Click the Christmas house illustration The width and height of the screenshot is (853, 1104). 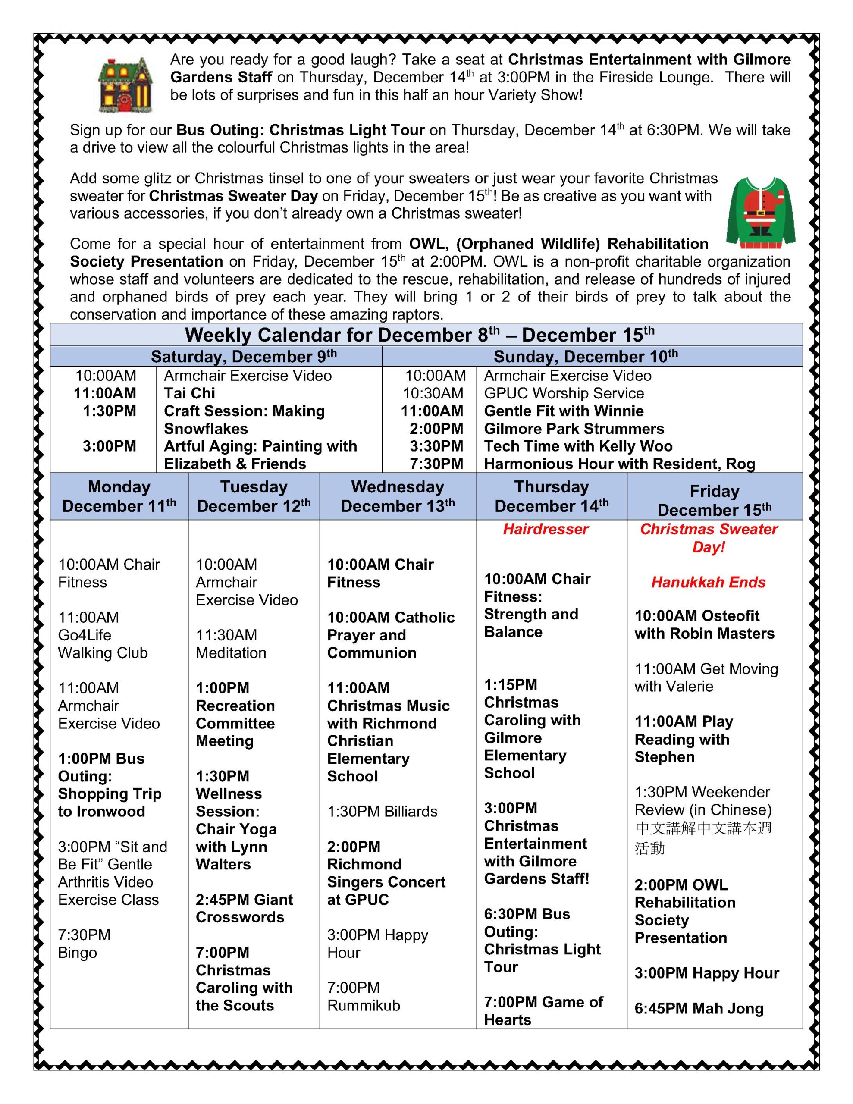click(x=125, y=85)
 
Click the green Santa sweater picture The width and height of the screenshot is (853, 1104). click(x=760, y=213)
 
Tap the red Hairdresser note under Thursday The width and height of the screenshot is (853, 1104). click(x=546, y=529)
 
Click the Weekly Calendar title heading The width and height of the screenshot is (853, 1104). click(x=419, y=335)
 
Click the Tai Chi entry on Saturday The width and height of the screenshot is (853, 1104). click(x=190, y=393)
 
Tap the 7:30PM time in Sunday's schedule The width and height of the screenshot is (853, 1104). click(x=436, y=464)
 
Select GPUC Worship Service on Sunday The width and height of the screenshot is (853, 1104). click(x=564, y=393)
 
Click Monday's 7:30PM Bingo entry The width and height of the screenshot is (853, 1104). click(x=84, y=944)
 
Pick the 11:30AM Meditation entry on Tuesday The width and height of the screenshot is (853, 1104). click(x=231, y=644)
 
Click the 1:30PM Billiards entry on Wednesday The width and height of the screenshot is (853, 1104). click(x=382, y=811)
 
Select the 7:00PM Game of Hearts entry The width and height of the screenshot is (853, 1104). click(x=543, y=1010)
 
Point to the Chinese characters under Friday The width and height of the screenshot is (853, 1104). click(x=703, y=837)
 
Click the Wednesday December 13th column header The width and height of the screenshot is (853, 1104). click(x=398, y=496)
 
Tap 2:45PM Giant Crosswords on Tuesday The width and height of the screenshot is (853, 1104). click(x=244, y=908)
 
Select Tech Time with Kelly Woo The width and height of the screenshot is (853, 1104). click(x=578, y=446)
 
